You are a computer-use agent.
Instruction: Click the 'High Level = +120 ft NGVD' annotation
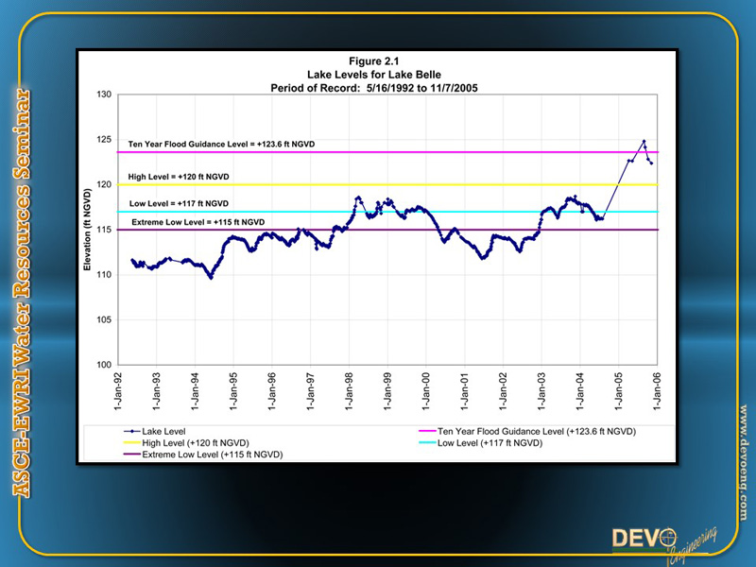(180, 177)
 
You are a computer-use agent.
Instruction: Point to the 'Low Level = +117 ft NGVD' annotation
(178, 203)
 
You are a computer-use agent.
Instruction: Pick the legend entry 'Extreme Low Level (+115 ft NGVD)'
(213, 455)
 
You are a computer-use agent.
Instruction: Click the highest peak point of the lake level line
(644, 142)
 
